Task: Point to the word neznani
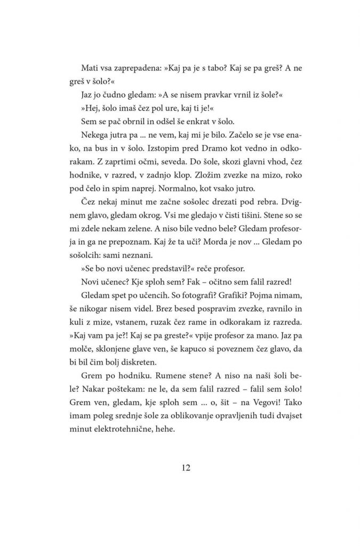[x=141, y=292]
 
